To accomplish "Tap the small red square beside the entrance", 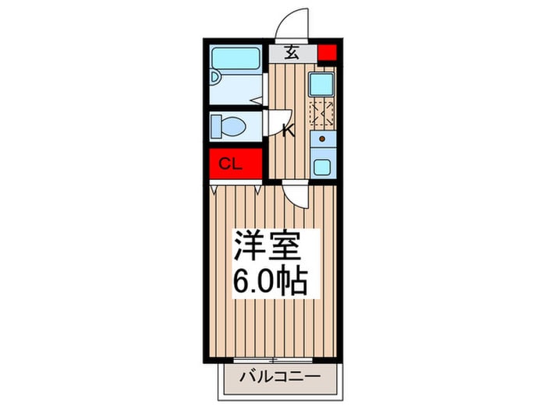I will pos(327,54).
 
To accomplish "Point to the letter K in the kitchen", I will pos(288,130).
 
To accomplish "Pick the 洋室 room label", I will pos(268,249).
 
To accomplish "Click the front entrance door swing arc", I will pos(293,23).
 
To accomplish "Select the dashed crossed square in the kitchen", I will pos(321,113).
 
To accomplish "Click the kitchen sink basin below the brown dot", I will pos(321,165).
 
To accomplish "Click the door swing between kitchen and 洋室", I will pos(296,195).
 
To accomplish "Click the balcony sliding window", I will pos(273,360).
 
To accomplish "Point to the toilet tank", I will pos(216,125).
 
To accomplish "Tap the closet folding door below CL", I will pos(236,188).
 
